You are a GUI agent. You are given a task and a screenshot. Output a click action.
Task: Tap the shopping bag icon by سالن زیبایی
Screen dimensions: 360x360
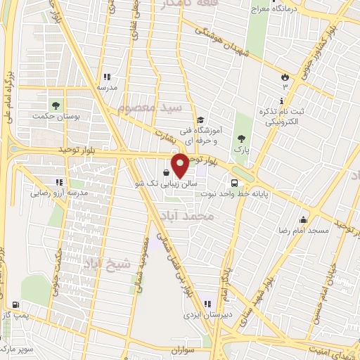(165, 173)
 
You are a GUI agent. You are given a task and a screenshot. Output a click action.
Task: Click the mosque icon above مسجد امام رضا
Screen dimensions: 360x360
(304, 219)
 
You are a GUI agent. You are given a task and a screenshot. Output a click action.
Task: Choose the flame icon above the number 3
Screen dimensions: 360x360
(285, 75)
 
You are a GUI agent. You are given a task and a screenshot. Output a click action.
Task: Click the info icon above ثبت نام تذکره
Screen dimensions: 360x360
(281, 102)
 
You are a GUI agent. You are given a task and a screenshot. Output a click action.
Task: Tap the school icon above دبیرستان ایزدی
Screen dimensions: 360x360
(207, 304)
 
